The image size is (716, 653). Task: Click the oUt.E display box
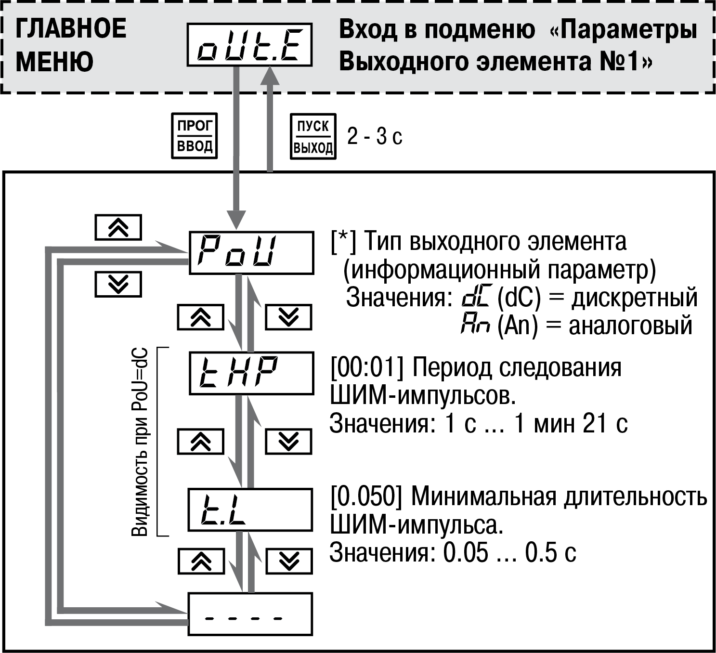(x=249, y=45)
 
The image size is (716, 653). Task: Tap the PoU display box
(x=251, y=253)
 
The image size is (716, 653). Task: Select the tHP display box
(x=251, y=373)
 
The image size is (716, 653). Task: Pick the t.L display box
(x=250, y=510)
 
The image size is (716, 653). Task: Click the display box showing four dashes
(x=250, y=614)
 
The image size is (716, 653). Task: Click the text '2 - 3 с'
(x=375, y=136)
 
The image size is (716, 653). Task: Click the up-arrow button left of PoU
(x=118, y=227)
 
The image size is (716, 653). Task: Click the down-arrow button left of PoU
(x=118, y=284)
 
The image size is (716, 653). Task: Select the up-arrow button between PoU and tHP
(x=201, y=317)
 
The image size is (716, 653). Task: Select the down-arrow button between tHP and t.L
(x=288, y=442)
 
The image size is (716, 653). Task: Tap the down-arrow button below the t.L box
(x=289, y=562)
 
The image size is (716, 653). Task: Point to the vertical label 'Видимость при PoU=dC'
(x=140, y=443)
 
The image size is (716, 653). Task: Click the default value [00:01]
(x=367, y=367)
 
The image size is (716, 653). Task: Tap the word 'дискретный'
(x=634, y=298)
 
